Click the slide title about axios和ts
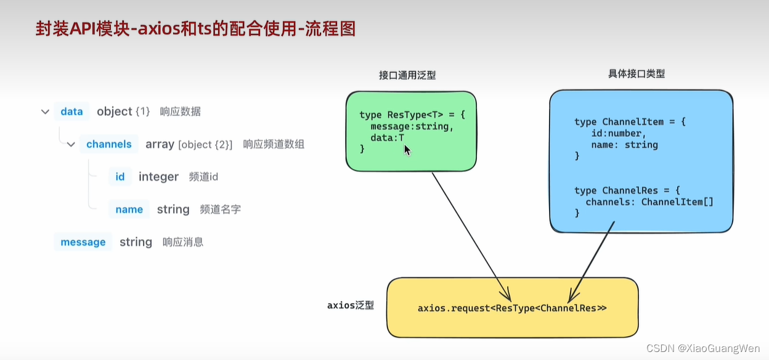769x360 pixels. (x=195, y=29)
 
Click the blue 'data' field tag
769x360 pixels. (x=71, y=112)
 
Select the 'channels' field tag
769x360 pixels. (x=108, y=144)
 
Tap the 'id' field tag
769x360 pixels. (x=120, y=177)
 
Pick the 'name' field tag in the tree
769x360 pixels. (x=129, y=210)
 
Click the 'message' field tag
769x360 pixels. (x=83, y=242)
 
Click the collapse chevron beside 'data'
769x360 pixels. (x=45, y=112)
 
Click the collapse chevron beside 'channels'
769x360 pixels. (x=71, y=145)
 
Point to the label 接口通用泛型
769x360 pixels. (x=407, y=75)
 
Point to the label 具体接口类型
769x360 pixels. (x=636, y=73)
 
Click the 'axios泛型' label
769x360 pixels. (x=350, y=305)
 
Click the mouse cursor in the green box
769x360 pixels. (x=407, y=150)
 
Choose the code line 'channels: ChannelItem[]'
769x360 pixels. (x=649, y=202)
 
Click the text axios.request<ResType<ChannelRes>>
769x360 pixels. (x=512, y=308)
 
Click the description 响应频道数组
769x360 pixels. (x=274, y=144)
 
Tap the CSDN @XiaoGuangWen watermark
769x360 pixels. (x=703, y=348)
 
